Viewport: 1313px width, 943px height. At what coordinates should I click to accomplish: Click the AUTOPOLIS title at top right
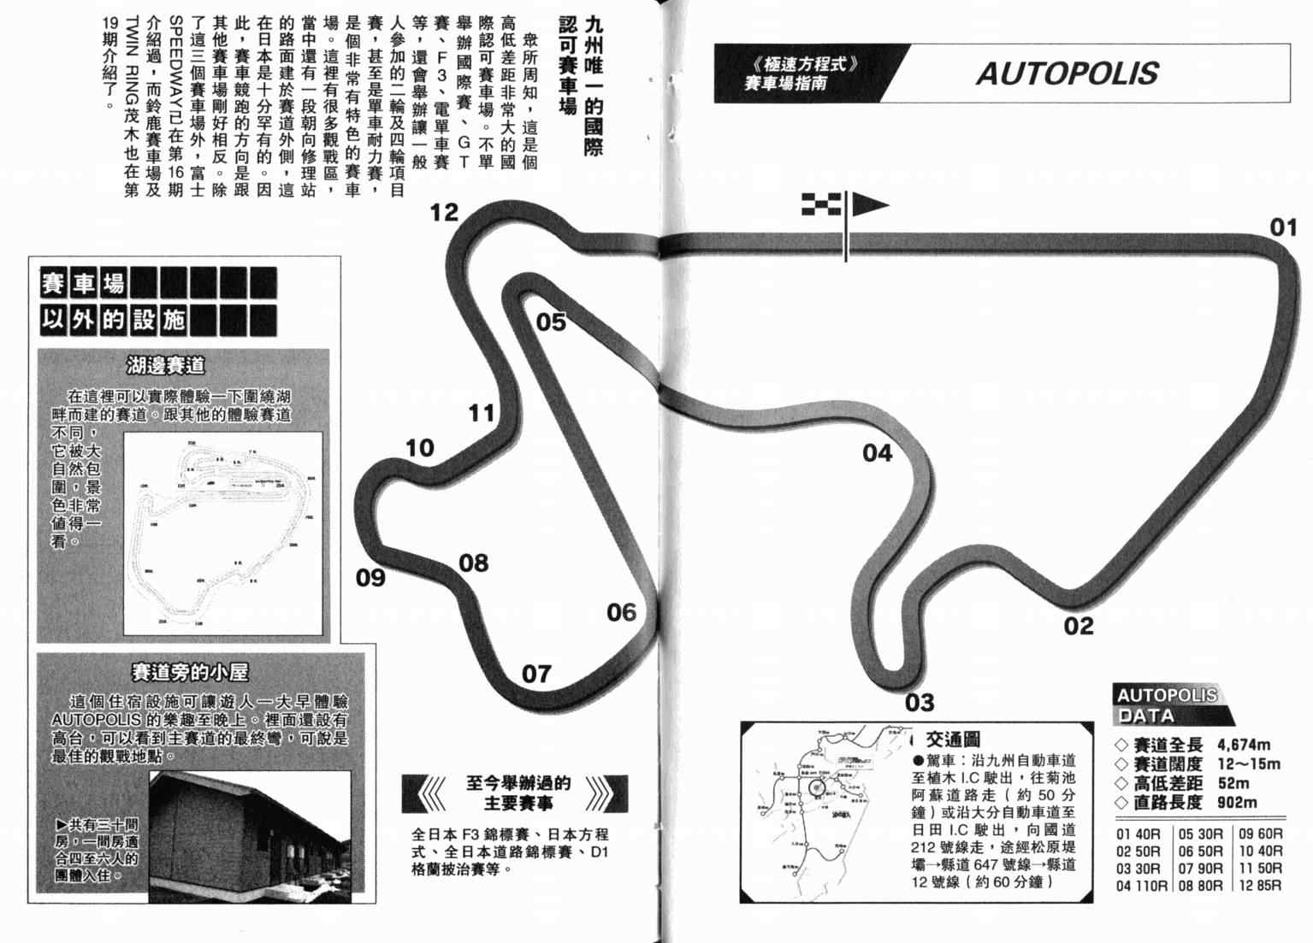pyautogui.click(x=1067, y=74)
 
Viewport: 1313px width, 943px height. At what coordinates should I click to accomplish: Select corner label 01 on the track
pyautogui.click(x=1283, y=227)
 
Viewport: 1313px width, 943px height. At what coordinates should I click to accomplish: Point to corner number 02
pyautogui.click(x=1079, y=627)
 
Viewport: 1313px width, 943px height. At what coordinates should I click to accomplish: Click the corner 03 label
pyautogui.click(x=920, y=703)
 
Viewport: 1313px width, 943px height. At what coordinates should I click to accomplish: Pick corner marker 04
pyautogui.click(x=877, y=453)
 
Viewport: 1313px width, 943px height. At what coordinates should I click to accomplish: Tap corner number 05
pyautogui.click(x=551, y=322)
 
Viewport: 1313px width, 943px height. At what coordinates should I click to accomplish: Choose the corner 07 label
pyautogui.click(x=536, y=675)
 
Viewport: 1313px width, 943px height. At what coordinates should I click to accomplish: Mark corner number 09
pyautogui.click(x=370, y=578)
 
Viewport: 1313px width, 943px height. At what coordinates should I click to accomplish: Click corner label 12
pyautogui.click(x=444, y=212)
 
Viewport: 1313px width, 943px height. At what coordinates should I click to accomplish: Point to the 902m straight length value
pyautogui.click(x=1237, y=803)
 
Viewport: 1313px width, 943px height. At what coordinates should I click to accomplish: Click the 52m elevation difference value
pyautogui.click(x=1233, y=783)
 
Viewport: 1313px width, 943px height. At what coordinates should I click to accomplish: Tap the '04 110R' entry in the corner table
pyautogui.click(x=1141, y=886)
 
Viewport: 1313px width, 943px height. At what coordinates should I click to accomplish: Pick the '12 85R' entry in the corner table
pyautogui.click(x=1259, y=886)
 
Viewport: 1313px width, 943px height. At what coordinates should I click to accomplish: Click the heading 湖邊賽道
pyautogui.click(x=166, y=366)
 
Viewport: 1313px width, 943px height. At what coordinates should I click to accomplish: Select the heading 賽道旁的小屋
pyautogui.click(x=190, y=672)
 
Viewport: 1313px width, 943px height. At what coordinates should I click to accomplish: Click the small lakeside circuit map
pyautogui.click(x=224, y=534)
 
